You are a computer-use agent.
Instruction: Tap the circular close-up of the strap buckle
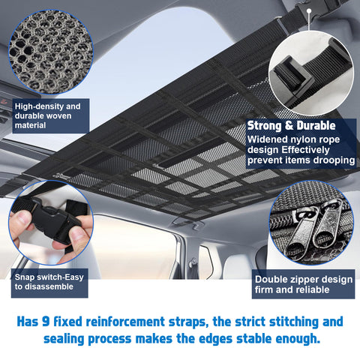pyautogui.click(x=310, y=73)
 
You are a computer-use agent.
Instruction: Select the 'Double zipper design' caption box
pyautogui.click(x=303, y=285)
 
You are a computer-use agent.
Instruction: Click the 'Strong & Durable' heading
pyautogui.click(x=291, y=126)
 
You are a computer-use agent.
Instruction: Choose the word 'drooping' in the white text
pyautogui.click(x=329, y=160)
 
